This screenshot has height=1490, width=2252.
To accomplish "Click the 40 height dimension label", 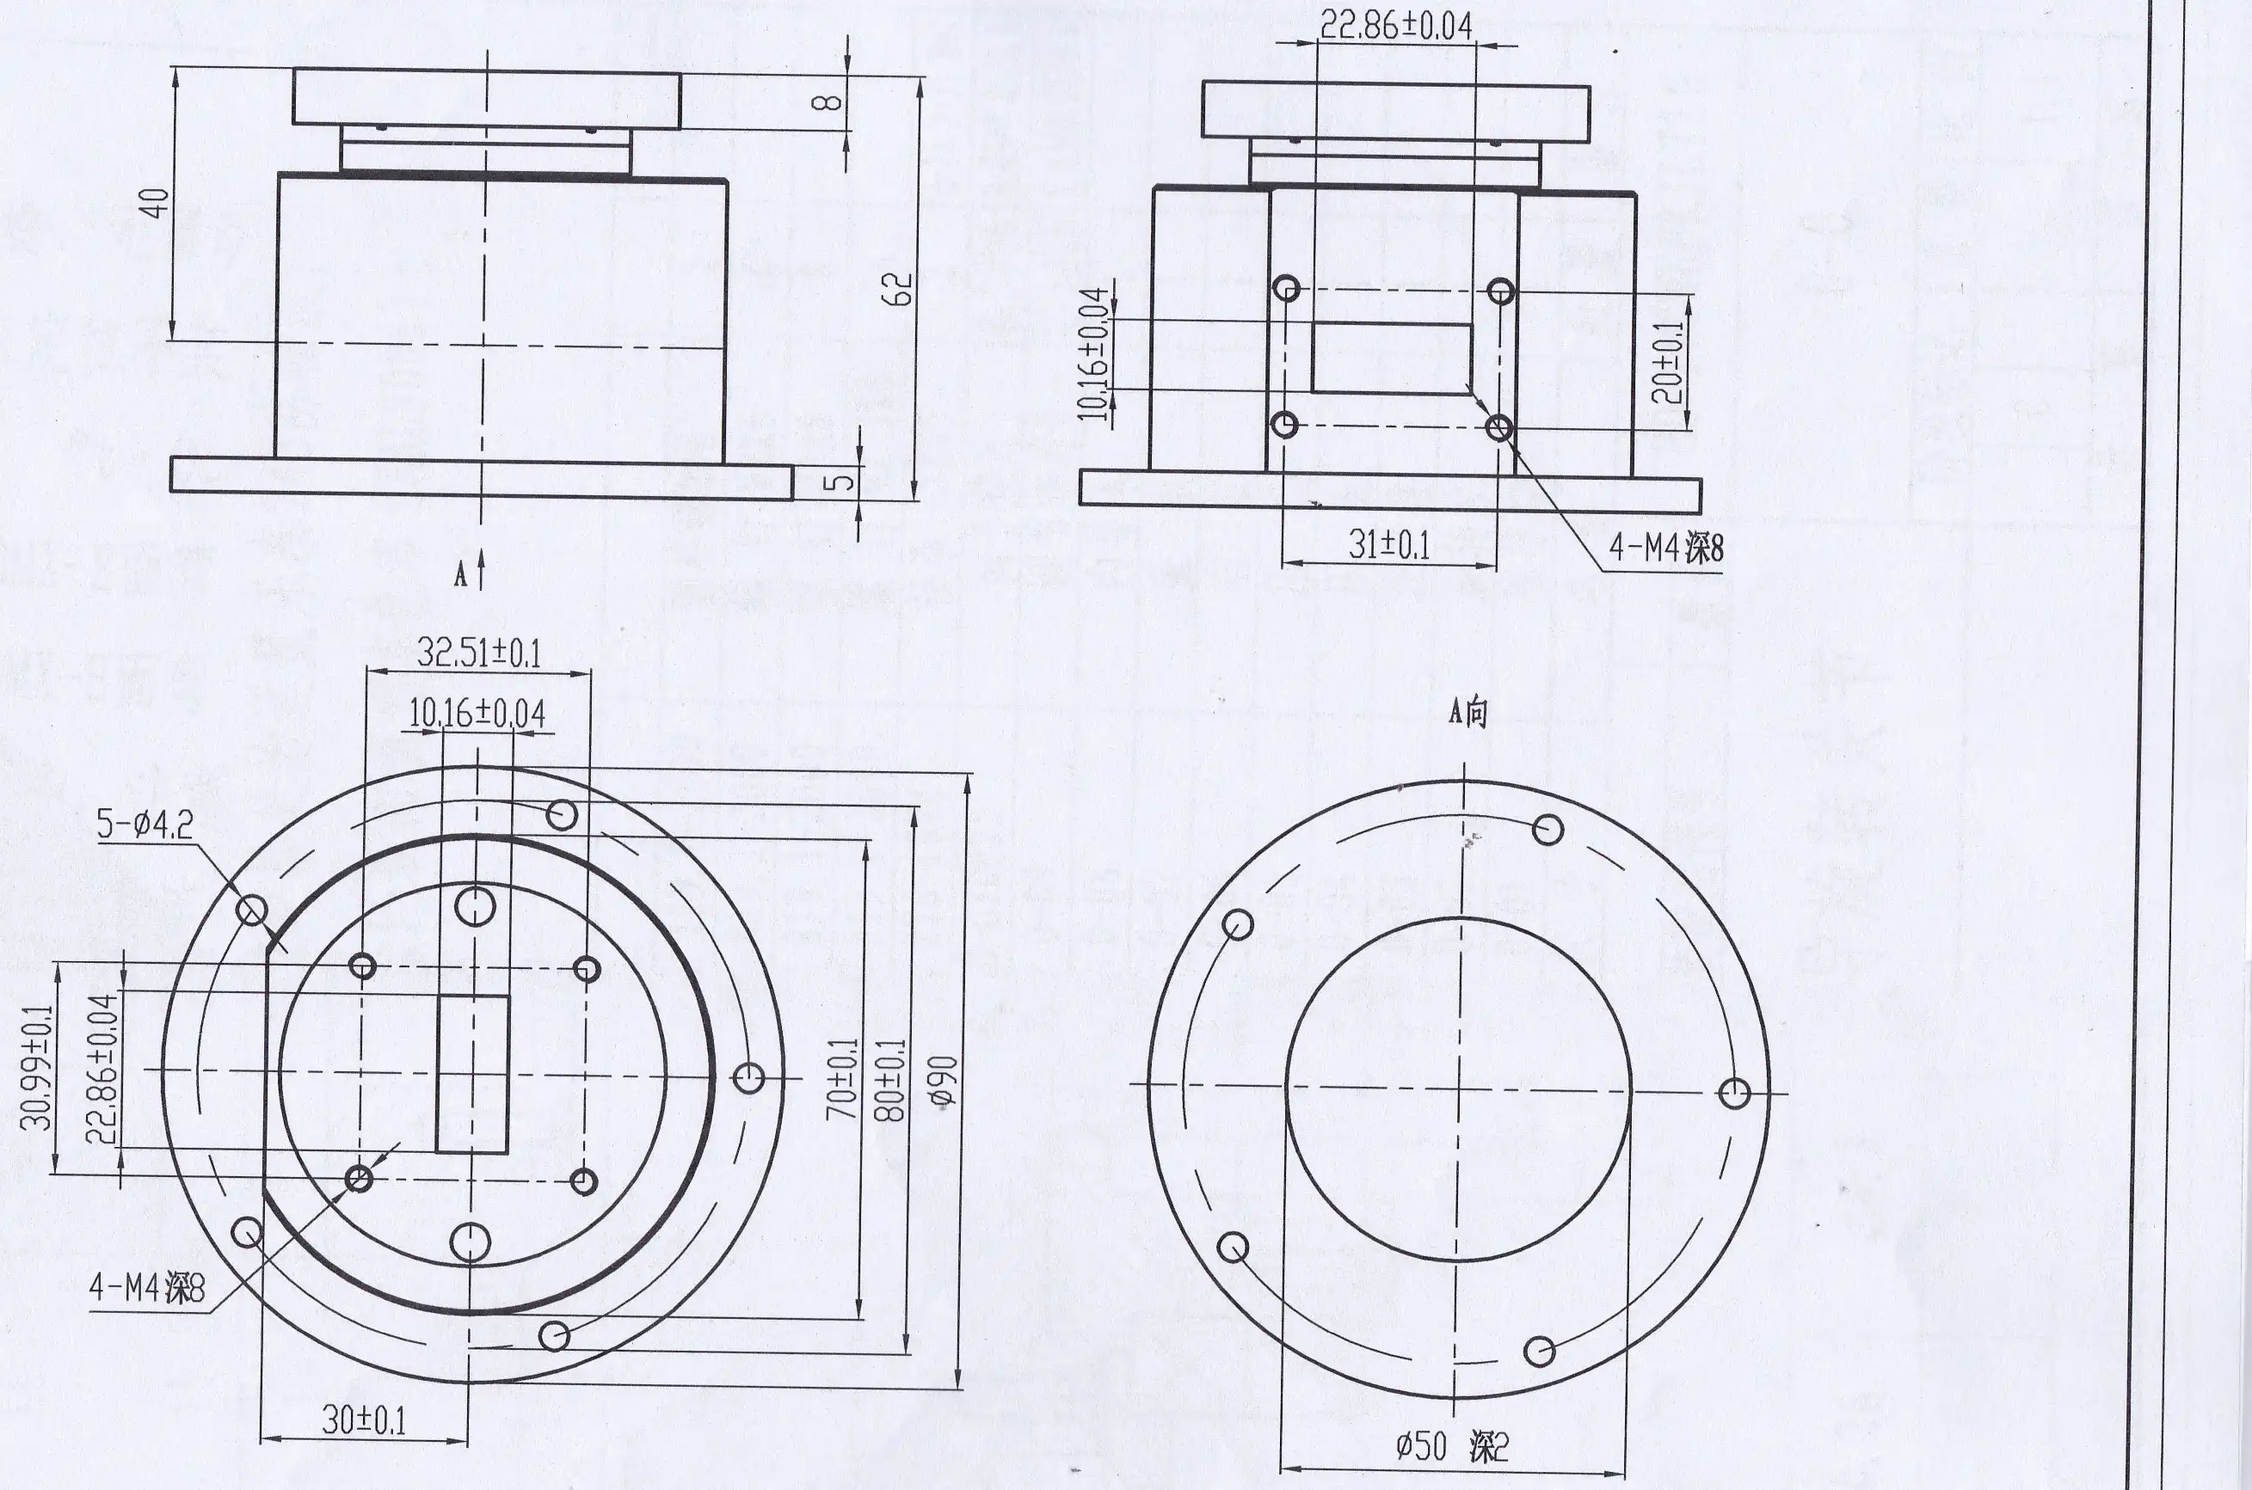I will click(155, 201).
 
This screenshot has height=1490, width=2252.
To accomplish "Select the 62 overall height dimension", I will click(897, 290).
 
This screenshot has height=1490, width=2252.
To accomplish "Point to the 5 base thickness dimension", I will click(839, 481).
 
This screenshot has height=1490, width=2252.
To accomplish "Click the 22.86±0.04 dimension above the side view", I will click(1395, 26).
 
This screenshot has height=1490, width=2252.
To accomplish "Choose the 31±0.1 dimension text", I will click(1389, 544).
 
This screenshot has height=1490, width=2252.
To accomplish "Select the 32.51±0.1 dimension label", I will click(478, 653).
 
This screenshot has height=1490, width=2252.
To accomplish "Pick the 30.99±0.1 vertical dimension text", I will click(39, 1067).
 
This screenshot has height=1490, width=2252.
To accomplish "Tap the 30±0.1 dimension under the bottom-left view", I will click(363, 1419).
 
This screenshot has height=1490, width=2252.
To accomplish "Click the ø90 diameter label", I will click(943, 1082).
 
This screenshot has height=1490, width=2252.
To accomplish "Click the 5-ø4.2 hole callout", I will click(145, 824).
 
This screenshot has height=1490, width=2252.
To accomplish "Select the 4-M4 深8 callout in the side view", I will click(1665, 549).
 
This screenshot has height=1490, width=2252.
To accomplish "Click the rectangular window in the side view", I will click(1392, 358).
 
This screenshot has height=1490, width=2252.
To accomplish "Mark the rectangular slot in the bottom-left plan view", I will click(472, 1073).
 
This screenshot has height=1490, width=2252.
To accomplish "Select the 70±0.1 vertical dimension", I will click(842, 1077).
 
